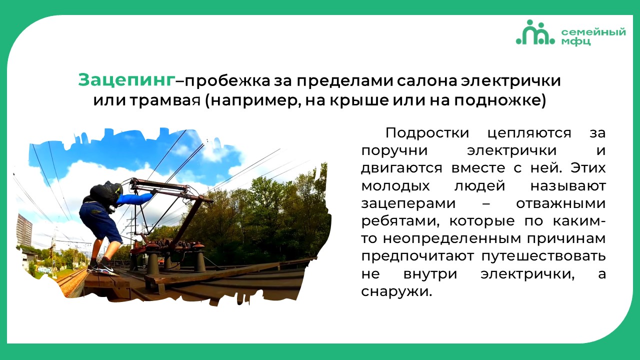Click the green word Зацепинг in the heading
tap(126, 80)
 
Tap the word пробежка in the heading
tap(227, 81)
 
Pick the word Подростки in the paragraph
tap(427, 133)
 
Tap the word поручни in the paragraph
tap(394, 151)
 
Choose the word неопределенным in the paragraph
tap(452, 239)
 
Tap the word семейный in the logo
tap(593, 32)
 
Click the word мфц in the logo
tap(575, 41)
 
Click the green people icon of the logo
tap(535, 32)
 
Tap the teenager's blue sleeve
tap(135, 198)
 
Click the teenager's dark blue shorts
tap(100, 221)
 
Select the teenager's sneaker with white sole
tap(108, 270)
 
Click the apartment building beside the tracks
tap(25, 230)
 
